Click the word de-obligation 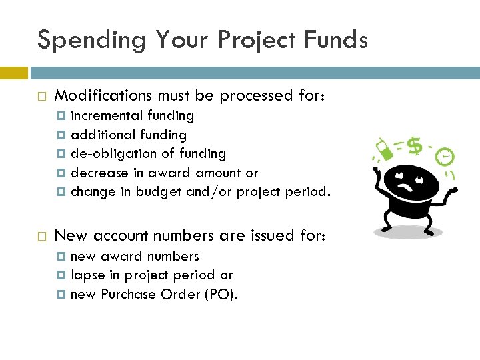[110, 154]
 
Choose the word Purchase [129, 294]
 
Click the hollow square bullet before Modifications [42, 97]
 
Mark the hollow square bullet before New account [42, 235]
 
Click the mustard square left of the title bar [13, 72]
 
